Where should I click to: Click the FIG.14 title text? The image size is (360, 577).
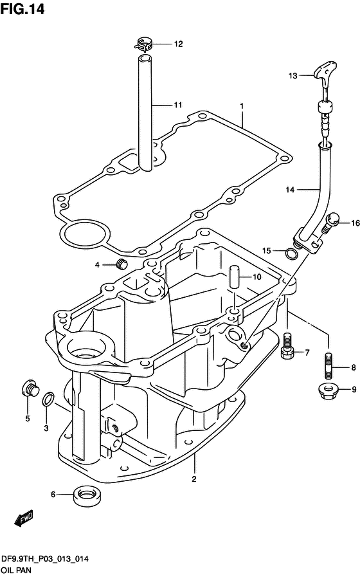tap(22, 9)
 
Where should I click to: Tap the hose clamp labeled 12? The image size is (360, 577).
tap(143, 45)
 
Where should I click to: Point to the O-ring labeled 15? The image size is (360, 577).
tap(291, 253)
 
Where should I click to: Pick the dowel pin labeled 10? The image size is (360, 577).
tap(234, 276)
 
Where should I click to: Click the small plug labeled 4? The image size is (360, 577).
tap(121, 264)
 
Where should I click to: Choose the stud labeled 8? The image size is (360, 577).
tap(330, 366)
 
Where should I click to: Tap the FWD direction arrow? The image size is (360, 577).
tap(24, 518)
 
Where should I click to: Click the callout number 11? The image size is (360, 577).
tap(178, 105)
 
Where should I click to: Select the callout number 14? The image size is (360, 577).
tap(290, 190)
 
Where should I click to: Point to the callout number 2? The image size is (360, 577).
tap(194, 479)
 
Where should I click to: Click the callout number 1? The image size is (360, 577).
tap(242, 106)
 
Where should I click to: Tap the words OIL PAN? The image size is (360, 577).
tap(17, 570)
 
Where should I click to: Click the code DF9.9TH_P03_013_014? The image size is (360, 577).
tap(45, 559)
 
